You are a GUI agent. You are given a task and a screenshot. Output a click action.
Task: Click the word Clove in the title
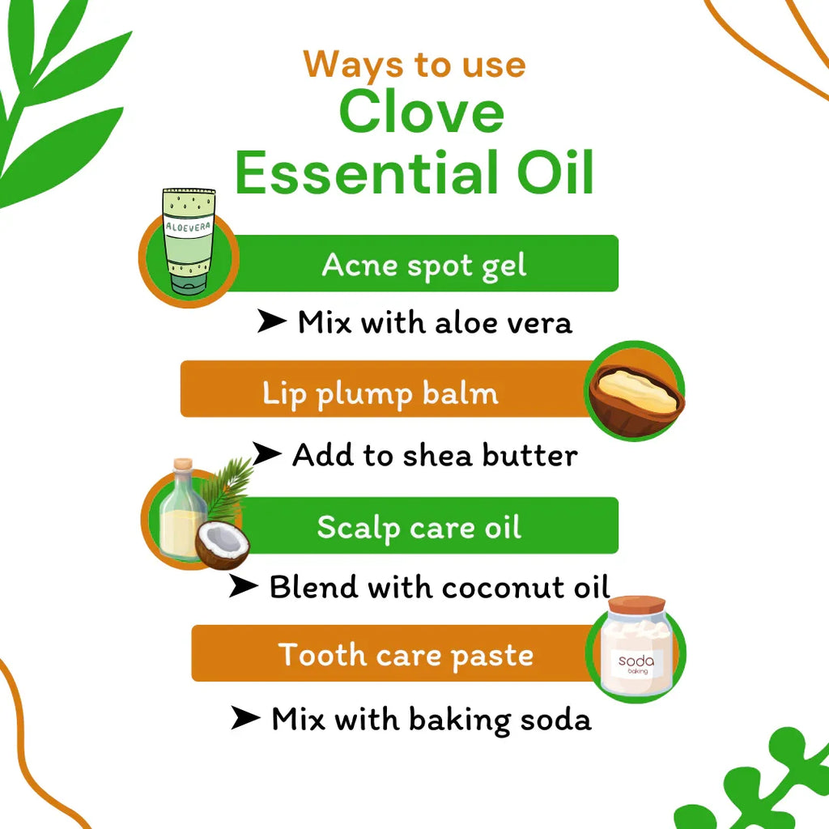tap(422, 113)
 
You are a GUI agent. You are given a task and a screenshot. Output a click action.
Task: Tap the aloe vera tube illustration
tap(189, 243)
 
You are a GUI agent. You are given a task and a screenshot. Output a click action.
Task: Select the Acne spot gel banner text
tap(424, 265)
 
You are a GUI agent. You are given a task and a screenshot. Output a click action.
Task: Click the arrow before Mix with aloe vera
tap(272, 321)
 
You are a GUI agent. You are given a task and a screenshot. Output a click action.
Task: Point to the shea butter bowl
tap(636, 393)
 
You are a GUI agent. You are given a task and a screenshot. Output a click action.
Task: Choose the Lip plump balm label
tap(380, 393)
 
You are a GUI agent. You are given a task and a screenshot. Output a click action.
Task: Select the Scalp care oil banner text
tap(419, 527)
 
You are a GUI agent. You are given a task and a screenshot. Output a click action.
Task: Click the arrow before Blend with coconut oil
tap(243, 585)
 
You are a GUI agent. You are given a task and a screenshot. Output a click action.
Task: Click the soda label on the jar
tap(636, 663)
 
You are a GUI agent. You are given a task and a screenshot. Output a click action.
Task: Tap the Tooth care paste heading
tap(406, 654)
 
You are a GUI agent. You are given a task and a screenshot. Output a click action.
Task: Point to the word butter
tap(530, 455)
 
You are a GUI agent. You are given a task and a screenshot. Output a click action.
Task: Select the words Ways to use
tap(414, 65)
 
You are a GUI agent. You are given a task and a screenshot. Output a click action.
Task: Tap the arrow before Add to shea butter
tap(267, 454)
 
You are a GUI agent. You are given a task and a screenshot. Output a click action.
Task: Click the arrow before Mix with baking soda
tap(245, 718)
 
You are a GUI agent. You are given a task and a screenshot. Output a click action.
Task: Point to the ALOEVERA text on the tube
tap(188, 227)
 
